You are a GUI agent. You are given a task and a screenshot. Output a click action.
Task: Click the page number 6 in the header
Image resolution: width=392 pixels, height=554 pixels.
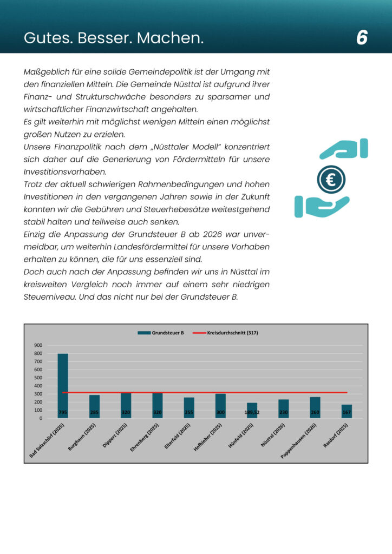tap(362, 38)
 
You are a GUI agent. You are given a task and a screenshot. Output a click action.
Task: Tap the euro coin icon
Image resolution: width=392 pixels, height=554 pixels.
tap(331, 180)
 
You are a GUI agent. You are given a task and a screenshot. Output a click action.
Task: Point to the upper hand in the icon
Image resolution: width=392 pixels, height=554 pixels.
tap(344, 149)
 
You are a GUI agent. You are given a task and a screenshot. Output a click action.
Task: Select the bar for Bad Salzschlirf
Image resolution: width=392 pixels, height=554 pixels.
tap(63, 385)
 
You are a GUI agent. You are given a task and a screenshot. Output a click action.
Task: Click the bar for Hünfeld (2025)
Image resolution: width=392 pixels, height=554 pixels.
tap(252, 410)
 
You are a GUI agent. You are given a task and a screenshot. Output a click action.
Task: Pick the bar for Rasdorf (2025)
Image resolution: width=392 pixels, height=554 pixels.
tap(347, 411)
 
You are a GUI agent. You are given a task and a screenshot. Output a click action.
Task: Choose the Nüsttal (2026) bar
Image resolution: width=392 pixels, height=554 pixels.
tap(284, 408)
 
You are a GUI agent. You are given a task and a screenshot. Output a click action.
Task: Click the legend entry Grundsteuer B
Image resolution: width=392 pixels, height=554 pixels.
tap(162, 333)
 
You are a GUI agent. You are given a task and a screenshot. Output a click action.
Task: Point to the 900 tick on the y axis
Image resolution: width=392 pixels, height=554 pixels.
tap(38, 345)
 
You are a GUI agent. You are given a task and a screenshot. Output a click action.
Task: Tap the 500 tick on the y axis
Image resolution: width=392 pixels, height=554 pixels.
tap(38, 378)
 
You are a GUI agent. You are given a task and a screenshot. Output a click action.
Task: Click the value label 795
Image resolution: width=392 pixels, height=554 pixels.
tap(63, 413)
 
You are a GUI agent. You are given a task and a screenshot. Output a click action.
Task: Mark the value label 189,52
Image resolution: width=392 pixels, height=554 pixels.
tap(252, 413)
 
